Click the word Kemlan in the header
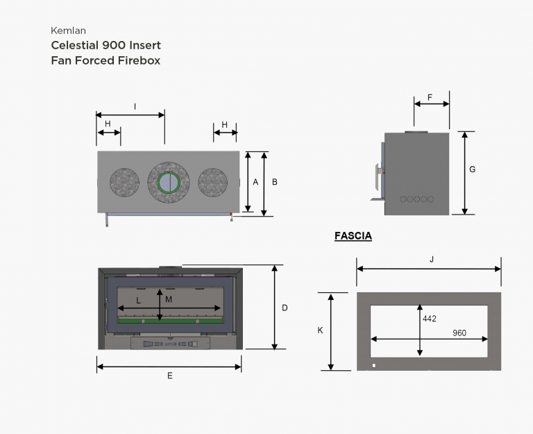[68, 31]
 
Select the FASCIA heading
[353, 235]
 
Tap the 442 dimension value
[430, 319]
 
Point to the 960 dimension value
[459, 333]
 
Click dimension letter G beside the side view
[472, 169]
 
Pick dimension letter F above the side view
[430, 98]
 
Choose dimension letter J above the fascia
[432, 260]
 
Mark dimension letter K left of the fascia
[320, 331]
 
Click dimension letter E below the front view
[170, 376]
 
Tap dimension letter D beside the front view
[285, 308]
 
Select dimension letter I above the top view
[135, 107]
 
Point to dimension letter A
[255, 183]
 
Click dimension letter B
[275, 182]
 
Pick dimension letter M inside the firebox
[169, 299]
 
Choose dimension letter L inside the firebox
[138, 301]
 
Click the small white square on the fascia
[374, 366]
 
